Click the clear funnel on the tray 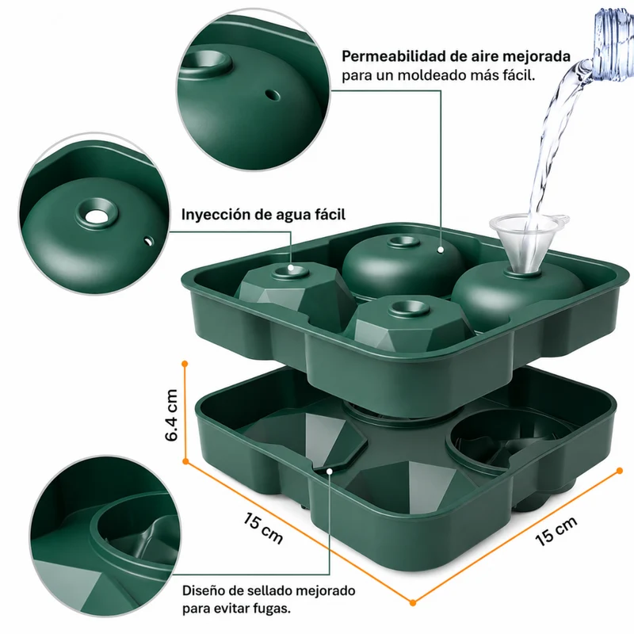coord(525,243)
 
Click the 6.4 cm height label coord(171,414)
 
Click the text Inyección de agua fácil coord(263,214)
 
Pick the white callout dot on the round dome coord(441,250)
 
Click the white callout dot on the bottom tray coord(330,471)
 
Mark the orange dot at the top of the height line coord(185,364)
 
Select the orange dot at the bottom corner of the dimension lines coord(412,603)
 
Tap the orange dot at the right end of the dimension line coord(620,470)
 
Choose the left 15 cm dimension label coord(263,528)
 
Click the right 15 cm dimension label coord(556,532)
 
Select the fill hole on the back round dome coord(403,242)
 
